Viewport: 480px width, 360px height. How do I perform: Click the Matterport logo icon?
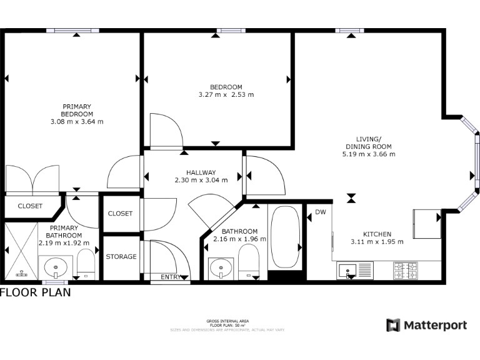[x=393, y=325]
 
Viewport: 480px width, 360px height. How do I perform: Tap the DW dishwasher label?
[x=321, y=212]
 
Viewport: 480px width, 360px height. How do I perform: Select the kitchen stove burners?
[x=405, y=271]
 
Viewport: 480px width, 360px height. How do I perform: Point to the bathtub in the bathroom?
[x=284, y=237]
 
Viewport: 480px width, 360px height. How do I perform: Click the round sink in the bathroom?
[x=219, y=269]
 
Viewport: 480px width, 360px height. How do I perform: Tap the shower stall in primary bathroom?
[x=22, y=252]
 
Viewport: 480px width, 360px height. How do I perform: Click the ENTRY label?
[x=171, y=277]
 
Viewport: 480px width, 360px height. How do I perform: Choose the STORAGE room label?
[x=121, y=257]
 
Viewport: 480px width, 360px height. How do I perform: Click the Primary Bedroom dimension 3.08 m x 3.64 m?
[x=77, y=121]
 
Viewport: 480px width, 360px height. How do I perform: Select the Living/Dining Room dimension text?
[x=368, y=154]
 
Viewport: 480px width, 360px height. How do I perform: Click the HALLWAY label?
[x=201, y=172]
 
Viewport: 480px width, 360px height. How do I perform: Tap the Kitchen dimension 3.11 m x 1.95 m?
[x=377, y=241]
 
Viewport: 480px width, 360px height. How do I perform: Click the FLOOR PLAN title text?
[x=36, y=292]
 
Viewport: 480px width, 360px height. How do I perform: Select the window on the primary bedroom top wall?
[x=76, y=30]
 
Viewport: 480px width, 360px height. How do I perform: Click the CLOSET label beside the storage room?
[x=121, y=214]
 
